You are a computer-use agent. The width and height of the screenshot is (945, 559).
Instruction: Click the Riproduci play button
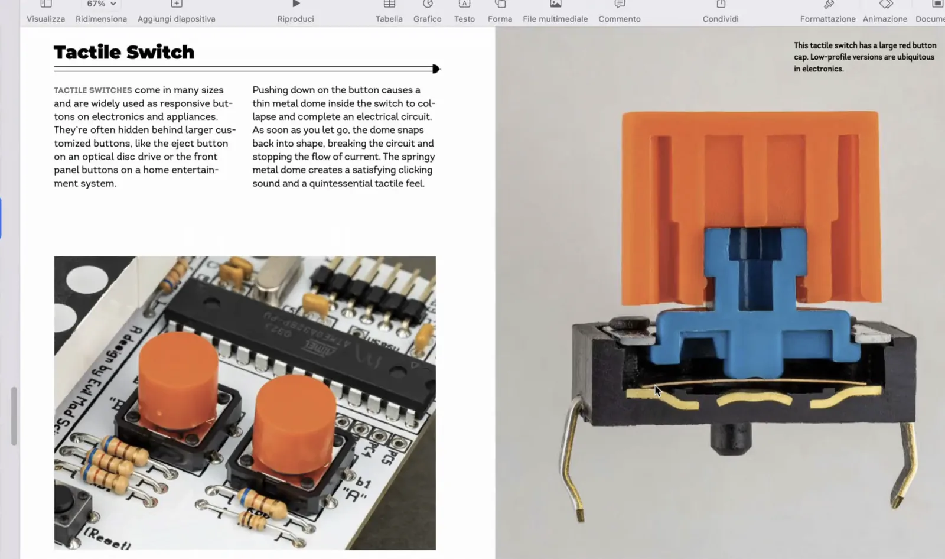(x=295, y=11)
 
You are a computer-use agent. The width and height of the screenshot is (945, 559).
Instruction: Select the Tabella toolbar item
(x=389, y=11)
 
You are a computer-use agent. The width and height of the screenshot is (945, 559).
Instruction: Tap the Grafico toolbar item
(x=427, y=11)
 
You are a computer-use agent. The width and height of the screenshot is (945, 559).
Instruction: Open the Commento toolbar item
(x=619, y=11)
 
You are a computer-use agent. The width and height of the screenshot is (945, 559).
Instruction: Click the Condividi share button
(x=720, y=11)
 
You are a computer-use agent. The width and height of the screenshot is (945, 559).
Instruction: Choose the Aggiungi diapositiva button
(x=176, y=11)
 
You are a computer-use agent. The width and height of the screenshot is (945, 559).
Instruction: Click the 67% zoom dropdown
(x=101, y=4)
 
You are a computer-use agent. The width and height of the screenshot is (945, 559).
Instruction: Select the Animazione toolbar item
(x=884, y=11)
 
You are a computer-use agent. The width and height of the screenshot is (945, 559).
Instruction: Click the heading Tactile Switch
(x=124, y=52)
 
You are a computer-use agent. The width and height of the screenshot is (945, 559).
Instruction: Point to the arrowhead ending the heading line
(x=436, y=69)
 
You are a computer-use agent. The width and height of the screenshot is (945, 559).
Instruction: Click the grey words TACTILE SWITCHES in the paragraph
(x=93, y=90)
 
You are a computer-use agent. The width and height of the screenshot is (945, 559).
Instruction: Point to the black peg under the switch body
(x=731, y=440)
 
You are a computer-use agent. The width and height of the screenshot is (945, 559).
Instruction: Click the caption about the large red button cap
(x=864, y=57)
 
